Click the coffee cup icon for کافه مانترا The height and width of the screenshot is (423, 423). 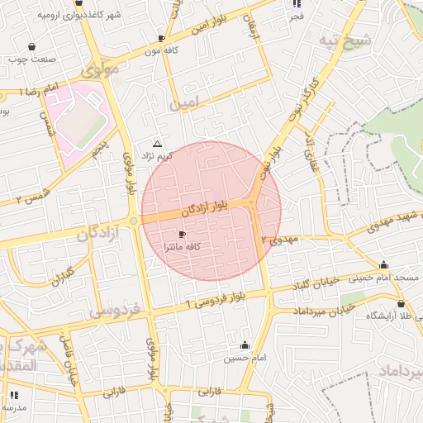183,235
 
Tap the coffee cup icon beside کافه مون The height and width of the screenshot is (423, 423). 161,38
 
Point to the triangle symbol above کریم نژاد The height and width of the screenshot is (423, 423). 157,143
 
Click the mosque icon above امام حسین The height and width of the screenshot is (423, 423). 244,345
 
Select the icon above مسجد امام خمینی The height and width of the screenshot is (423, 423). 383,265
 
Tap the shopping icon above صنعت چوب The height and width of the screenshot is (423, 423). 31,47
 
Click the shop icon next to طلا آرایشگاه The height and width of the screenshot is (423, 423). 401,304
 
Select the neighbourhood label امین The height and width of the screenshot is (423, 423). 183,104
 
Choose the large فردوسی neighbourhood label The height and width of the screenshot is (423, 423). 116,311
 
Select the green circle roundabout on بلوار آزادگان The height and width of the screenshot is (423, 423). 134,221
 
